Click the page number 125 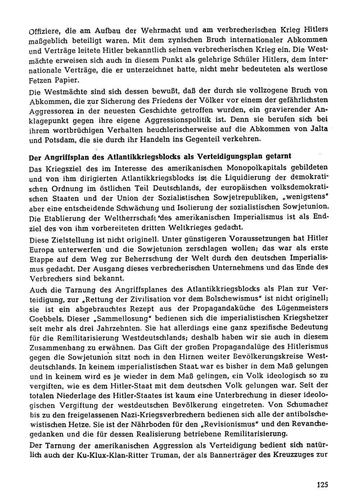pos(323,484)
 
